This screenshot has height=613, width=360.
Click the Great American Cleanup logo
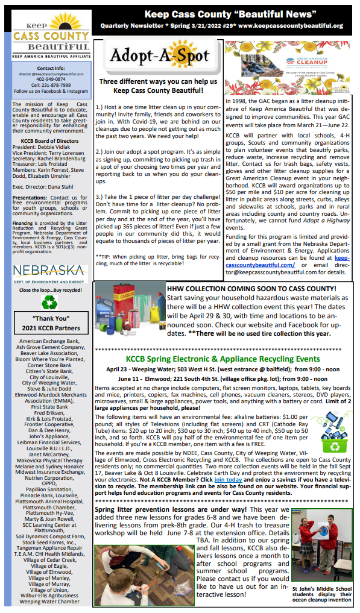point(288,66)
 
